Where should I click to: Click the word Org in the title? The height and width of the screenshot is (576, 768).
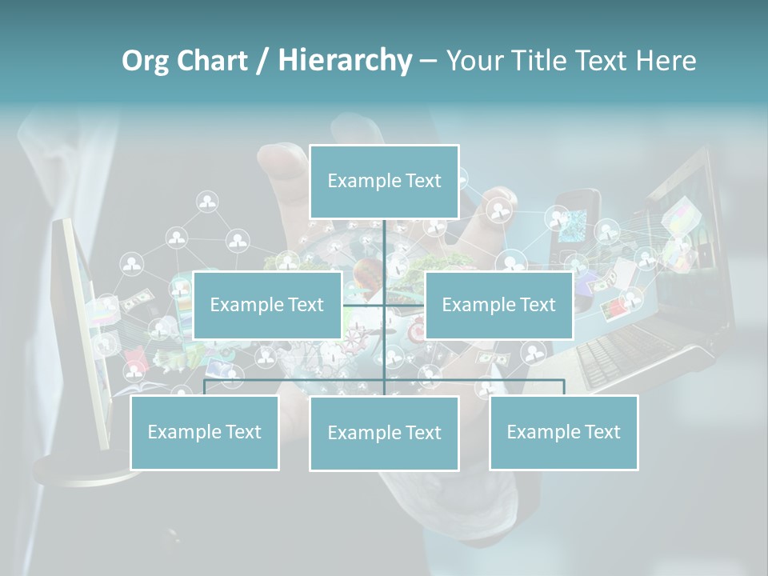click(146, 61)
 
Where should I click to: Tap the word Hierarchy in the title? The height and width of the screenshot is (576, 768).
click(344, 61)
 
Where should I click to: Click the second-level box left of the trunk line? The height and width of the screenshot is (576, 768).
click(267, 305)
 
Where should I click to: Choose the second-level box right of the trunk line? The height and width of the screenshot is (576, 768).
click(498, 305)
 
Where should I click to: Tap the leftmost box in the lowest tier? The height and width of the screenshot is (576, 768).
click(204, 432)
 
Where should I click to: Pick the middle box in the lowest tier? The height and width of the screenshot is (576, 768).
click(384, 433)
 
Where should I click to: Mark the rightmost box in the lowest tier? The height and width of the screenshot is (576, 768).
click(563, 432)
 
